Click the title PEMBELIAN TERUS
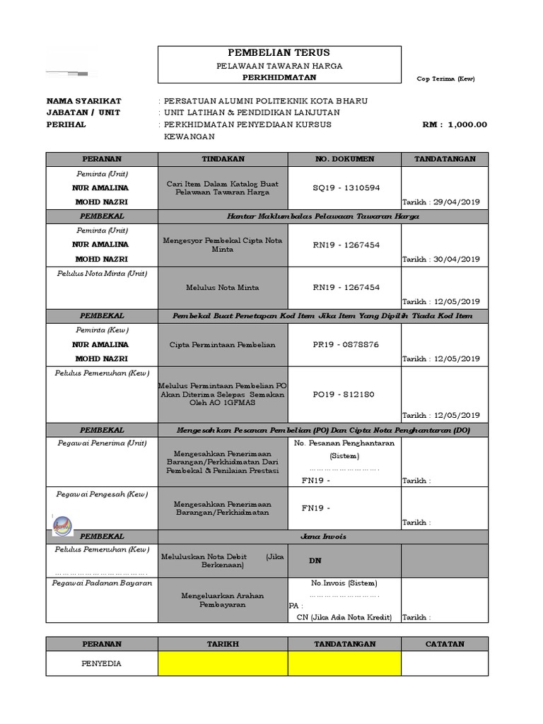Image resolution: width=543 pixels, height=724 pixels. point(279,53)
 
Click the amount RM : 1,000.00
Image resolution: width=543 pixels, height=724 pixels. point(455,125)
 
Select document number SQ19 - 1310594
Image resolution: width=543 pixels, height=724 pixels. point(346,187)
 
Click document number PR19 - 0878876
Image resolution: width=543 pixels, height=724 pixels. point(346,344)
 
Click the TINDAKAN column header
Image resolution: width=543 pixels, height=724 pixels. point(223,159)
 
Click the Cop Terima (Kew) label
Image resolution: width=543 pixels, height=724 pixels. point(445,78)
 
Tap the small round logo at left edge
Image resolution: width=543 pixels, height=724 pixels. point(62,524)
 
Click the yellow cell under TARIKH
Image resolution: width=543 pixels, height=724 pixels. point(223,663)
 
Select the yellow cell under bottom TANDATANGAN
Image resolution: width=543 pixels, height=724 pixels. point(345,663)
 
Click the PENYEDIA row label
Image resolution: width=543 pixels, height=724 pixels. point(102,664)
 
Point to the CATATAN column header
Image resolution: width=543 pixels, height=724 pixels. point(445,644)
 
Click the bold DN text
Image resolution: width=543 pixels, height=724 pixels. point(315,560)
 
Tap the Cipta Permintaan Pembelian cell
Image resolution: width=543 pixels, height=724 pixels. point(223,344)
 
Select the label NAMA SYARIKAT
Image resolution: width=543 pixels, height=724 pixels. point(84,100)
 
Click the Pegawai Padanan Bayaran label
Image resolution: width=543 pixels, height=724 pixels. point(103,583)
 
